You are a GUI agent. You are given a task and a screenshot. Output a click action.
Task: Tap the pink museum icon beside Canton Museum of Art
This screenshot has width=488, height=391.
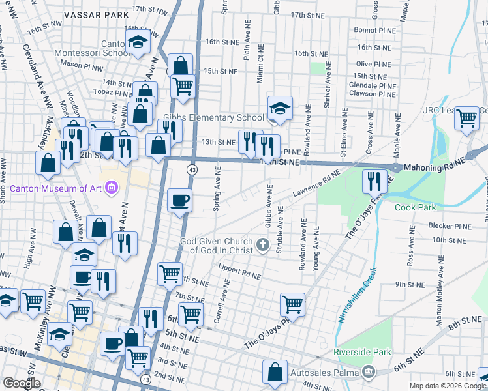[x=111, y=189]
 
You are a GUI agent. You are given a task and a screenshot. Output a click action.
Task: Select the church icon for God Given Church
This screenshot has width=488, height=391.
[x=262, y=245]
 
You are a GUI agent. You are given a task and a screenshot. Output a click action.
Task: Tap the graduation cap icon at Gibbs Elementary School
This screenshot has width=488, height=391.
[x=280, y=108]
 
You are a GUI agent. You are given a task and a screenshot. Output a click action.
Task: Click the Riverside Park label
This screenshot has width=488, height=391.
[x=362, y=353]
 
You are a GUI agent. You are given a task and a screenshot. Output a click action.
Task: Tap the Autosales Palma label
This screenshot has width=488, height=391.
[x=324, y=373]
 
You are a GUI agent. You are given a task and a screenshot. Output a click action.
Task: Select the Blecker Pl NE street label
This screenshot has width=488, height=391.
[x=450, y=225]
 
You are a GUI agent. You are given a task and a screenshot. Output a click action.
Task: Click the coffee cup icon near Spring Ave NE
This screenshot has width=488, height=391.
[x=180, y=201]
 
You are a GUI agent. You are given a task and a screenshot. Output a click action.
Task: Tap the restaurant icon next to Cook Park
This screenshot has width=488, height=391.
[x=374, y=181]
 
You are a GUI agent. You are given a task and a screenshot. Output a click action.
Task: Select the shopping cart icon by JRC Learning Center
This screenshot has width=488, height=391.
[x=467, y=119]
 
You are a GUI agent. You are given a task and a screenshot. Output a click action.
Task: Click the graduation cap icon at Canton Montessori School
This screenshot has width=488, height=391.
[x=138, y=44]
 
